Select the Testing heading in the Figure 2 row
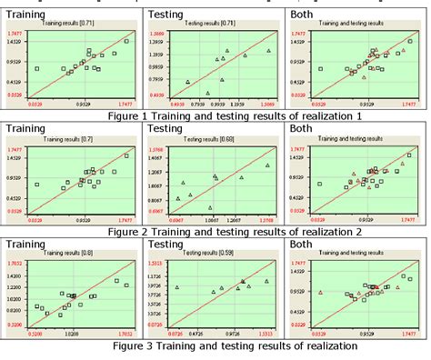[169, 131]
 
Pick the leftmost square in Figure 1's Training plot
[37, 68]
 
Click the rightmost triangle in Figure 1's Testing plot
[268, 51]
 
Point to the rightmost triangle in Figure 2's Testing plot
[267, 165]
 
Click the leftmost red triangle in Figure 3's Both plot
[321, 292]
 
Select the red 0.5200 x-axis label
[35, 335]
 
